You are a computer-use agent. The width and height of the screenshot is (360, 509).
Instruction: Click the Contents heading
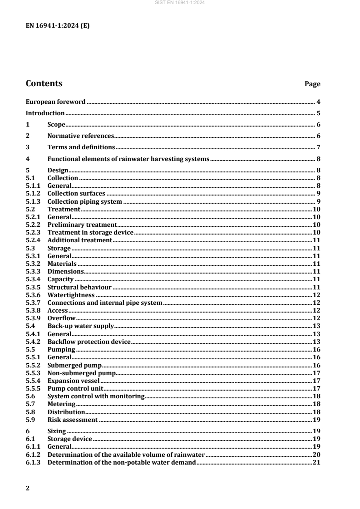pyautogui.click(x=44, y=83)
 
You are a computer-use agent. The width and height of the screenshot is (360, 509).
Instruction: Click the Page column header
pyautogui.click(x=312, y=84)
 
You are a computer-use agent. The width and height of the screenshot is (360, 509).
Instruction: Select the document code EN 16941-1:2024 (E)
pyautogui.click(x=58, y=26)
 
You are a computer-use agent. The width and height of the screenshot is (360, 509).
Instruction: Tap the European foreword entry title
pyautogui.click(x=55, y=102)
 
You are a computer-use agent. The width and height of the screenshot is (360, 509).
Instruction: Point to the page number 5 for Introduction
pyautogui.click(x=319, y=113)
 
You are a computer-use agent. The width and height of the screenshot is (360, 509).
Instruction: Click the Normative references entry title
pyautogui.click(x=80, y=136)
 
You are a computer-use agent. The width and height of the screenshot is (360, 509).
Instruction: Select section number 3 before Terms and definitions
pyautogui.click(x=28, y=147)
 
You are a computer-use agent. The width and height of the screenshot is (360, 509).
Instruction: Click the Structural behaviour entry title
pyautogui.click(x=79, y=287)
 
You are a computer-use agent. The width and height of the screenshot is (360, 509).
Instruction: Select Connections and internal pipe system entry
pyautogui.click(x=105, y=303)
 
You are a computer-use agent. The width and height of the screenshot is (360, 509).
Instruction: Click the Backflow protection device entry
pyautogui.click(x=89, y=342)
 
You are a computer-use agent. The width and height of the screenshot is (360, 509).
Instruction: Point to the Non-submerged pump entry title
pyautogui.click(x=82, y=373)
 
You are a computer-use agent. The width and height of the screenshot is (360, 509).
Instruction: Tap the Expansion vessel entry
pyautogui.click(x=73, y=381)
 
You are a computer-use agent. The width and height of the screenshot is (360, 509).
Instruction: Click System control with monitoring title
pyautogui.click(x=96, y=396)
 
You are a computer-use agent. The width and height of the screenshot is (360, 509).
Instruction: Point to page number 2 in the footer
pyautogui.click(x=28, y=488)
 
